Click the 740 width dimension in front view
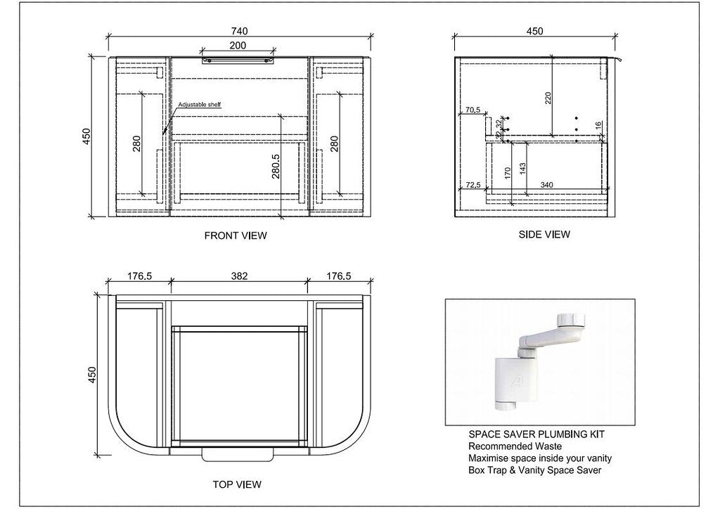coord(239,31)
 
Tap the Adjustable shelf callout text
coord(199,105)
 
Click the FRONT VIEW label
coord(236,236)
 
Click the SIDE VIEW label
coord(544,234)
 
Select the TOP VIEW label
coord(236,484)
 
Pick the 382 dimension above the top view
coord(239,276)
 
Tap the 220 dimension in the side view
coord(548,98)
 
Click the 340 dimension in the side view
coord(546,185)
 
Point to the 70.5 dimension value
coord(472,110)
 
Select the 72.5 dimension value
coord(472,185)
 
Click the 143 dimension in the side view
coord(522,169)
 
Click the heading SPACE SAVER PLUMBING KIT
coord(536,434)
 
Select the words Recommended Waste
coord(515,446)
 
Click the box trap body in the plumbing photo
coord(510,380)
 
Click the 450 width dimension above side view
coord(536,31)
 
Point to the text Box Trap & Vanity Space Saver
coord(536,470)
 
